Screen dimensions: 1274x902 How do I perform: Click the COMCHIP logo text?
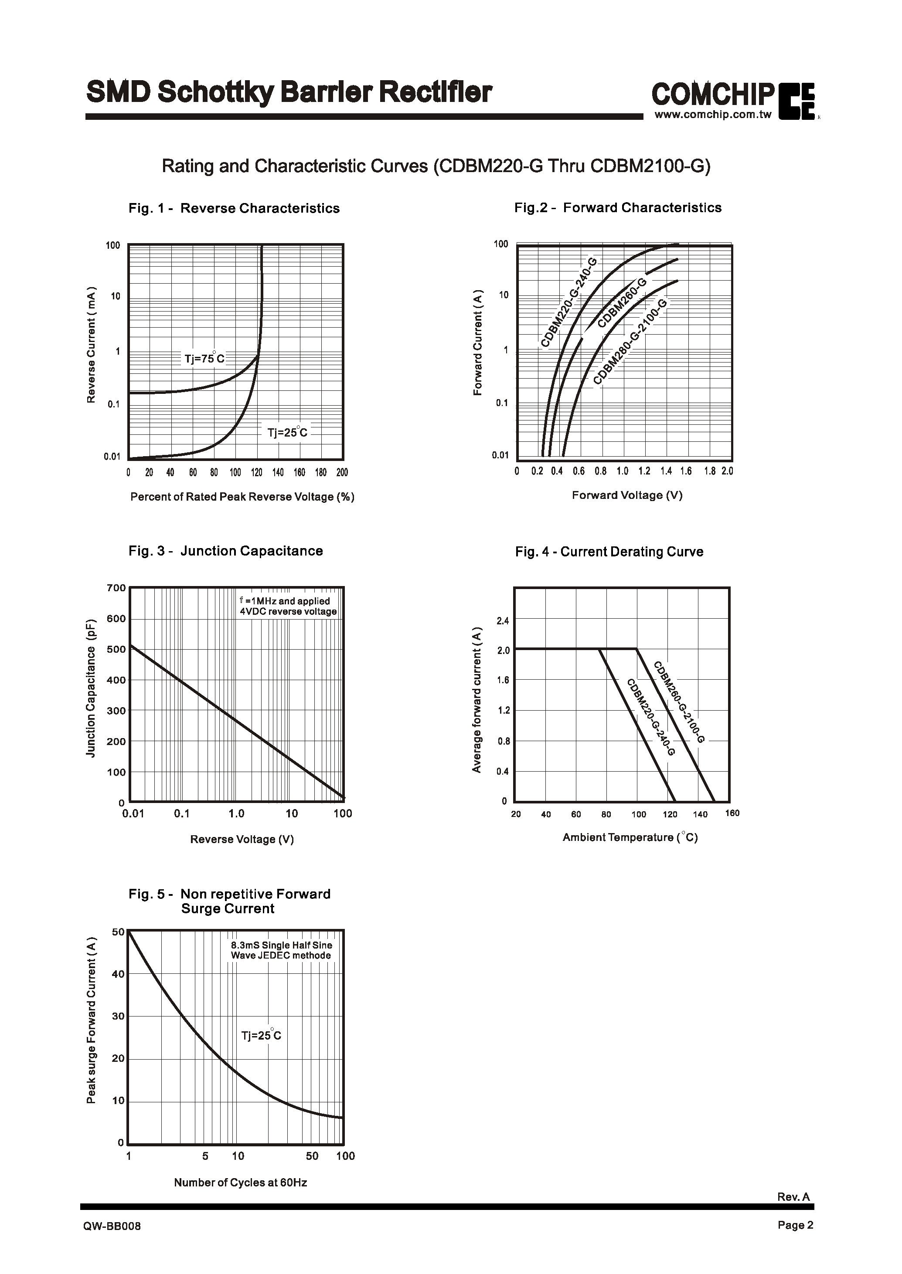click(x=713, y=95)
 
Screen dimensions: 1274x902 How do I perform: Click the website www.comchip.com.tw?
click(x=713, y=115)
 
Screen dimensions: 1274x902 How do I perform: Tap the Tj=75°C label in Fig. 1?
click(x=204, y=359)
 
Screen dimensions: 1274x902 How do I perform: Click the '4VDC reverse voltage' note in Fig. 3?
click(x=288, y=611)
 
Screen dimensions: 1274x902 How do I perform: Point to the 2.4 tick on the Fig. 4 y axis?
click(x=503, y=620)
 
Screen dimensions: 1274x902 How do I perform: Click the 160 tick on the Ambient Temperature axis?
click(x=732, y=813)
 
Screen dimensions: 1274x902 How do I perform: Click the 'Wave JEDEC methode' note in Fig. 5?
click(x=281, y=955)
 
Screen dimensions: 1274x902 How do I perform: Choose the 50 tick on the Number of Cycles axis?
click(x=312, y=1156)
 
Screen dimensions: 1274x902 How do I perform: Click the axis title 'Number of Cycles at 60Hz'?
click(x=241, y=1183)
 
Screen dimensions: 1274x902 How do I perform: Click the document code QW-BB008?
click(x=112, y=1227)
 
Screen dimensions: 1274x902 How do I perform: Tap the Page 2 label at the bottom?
click(x=795, y=1225)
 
